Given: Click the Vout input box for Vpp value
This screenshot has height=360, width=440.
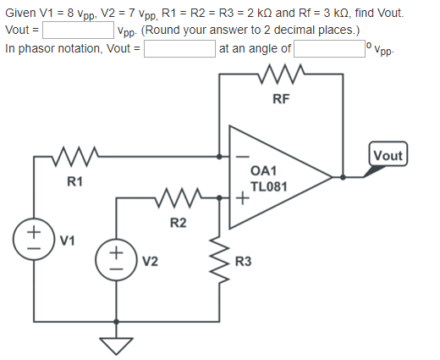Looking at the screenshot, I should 79,31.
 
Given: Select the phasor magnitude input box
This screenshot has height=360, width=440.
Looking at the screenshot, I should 179,48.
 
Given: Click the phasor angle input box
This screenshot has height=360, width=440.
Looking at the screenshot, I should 327,48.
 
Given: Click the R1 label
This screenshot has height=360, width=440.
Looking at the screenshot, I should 75,181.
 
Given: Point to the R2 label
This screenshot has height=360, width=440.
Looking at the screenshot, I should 178,224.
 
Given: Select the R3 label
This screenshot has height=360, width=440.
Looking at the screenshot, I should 243,260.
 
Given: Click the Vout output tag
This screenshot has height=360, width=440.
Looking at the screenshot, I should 388,156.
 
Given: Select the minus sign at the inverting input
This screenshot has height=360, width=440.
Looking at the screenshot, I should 240,157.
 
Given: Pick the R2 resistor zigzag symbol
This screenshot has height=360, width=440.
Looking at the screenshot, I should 179,199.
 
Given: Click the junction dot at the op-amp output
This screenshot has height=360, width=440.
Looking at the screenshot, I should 342,178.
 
